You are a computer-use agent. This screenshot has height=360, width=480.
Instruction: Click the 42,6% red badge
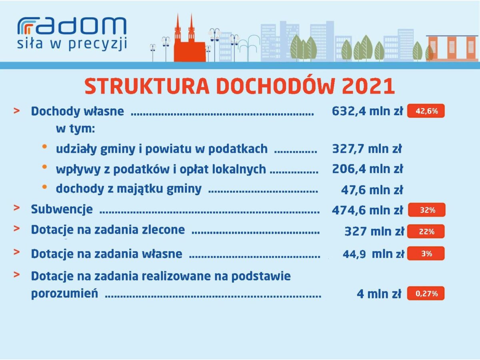pyautogui.click(x=426, y=111)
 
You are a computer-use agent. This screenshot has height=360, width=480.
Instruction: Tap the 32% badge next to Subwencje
pyautogui.click(x=426, y=210)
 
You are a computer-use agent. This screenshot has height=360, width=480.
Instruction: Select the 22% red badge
pyautogui.click(x=426, y=231)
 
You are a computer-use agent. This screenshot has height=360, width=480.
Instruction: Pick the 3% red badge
pyautogui.click(x=426, y=253)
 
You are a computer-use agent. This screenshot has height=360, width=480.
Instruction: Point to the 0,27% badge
pyautogui.click(x=426, y=293)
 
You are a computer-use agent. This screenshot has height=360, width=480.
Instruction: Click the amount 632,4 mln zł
pyautogui.click(x=367, y=111)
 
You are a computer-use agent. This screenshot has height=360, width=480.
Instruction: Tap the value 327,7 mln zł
pyautogui.click(x=367, y=149)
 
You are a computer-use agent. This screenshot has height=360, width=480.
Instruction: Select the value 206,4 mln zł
pyautogui.click(x=367, y=169)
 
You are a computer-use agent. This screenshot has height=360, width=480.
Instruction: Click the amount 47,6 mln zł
pyautogui.click(x=372, y=190)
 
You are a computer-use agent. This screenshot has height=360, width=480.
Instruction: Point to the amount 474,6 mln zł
pyautogui.click(x=367, y=210)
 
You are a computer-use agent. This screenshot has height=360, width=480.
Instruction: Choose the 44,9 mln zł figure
pyautogui.click(x=373, y=254)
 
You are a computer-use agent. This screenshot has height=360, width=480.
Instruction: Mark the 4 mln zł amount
pyautogui.click(x=379, y=294)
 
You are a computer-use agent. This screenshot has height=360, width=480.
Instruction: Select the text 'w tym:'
pyautogui.click(x=76, y=129)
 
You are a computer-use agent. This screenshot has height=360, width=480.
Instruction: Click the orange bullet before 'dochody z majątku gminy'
pyautogui.click(x=44, y=187)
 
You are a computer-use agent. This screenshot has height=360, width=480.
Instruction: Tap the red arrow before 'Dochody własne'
pyautogui.click(x=17, y=111)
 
